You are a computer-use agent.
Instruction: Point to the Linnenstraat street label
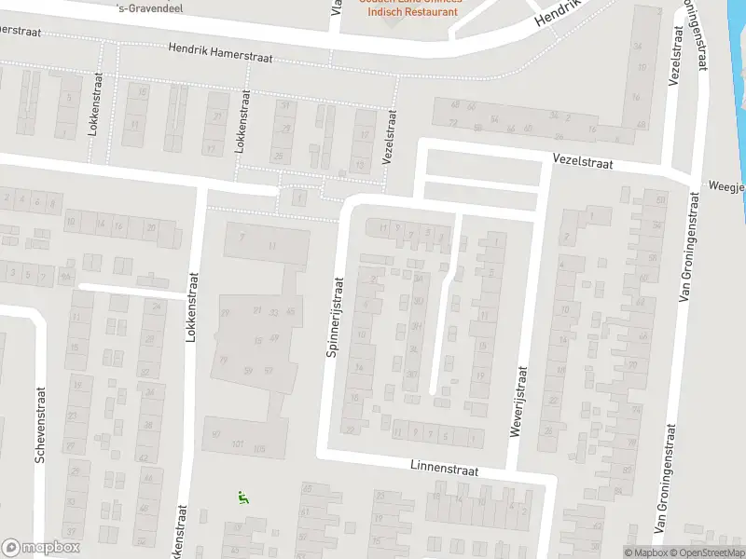(x=444, y=470)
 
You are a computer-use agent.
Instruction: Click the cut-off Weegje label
(x=727, y=186)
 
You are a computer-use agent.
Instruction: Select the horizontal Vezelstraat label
(x=581, y=162)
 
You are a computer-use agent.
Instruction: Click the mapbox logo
(x=41, y=548)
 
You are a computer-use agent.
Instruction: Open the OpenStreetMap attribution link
(x=705, y=552)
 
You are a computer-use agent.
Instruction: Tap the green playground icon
(x=243, y=498)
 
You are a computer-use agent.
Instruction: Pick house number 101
(x=238, y=444)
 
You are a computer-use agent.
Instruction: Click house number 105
(x=259, y=449)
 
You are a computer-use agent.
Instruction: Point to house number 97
(x=216, y=433)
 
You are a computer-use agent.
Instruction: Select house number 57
(x=269, y=371)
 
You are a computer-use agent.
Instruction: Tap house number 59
(x=248, y=371)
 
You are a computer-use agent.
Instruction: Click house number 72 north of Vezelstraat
(x=453, y=122)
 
